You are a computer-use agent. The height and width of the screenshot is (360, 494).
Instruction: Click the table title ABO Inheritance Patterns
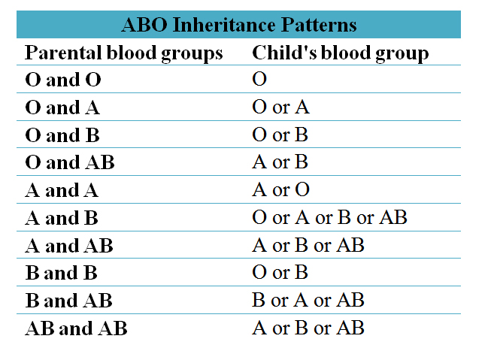(238, 25)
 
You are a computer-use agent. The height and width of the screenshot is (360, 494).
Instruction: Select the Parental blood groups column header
(124, 53)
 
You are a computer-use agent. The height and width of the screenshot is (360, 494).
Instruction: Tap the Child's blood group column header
(340, 53)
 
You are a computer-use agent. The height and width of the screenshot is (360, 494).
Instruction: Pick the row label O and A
(62, 107)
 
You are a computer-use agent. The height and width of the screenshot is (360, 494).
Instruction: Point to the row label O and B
(62, 135)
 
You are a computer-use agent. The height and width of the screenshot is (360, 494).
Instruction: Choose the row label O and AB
(70, 162)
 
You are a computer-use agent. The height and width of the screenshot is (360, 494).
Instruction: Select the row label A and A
(62, 190)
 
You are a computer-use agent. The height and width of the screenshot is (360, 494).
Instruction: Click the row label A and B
(62, 218)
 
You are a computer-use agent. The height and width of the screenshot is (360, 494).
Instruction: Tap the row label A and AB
(69, 246)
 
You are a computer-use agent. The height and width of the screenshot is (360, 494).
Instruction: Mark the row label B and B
(61, 273)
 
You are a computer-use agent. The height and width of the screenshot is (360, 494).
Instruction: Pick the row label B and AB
(68, 301)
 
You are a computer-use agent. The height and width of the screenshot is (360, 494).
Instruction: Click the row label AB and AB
(76, 328)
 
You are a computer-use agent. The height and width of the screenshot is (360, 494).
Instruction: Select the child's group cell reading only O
(260, 80)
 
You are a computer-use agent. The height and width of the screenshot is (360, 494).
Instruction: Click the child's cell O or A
(280, 107)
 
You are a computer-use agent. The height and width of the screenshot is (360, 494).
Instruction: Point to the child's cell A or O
(280, 190)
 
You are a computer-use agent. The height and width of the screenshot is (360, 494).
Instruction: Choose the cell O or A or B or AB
(329, 218)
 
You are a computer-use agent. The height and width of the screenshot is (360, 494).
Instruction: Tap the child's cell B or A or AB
(308, 301)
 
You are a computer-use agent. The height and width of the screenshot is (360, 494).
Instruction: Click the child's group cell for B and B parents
(280, 273)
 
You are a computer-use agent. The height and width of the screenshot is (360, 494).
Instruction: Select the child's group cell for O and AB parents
(280, 162)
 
